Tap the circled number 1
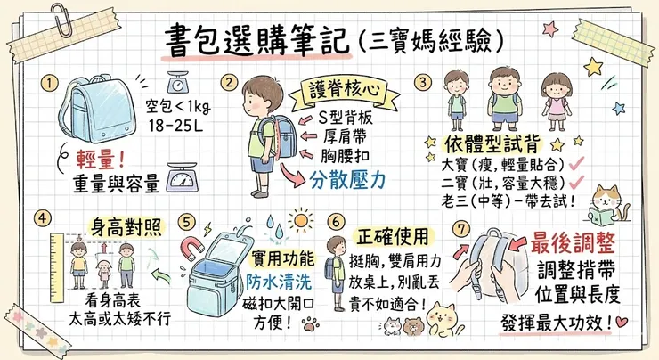click(50, 85)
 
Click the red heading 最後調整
click(573, 241)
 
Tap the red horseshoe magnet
click(191, 244)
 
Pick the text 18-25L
click(176, 127)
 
